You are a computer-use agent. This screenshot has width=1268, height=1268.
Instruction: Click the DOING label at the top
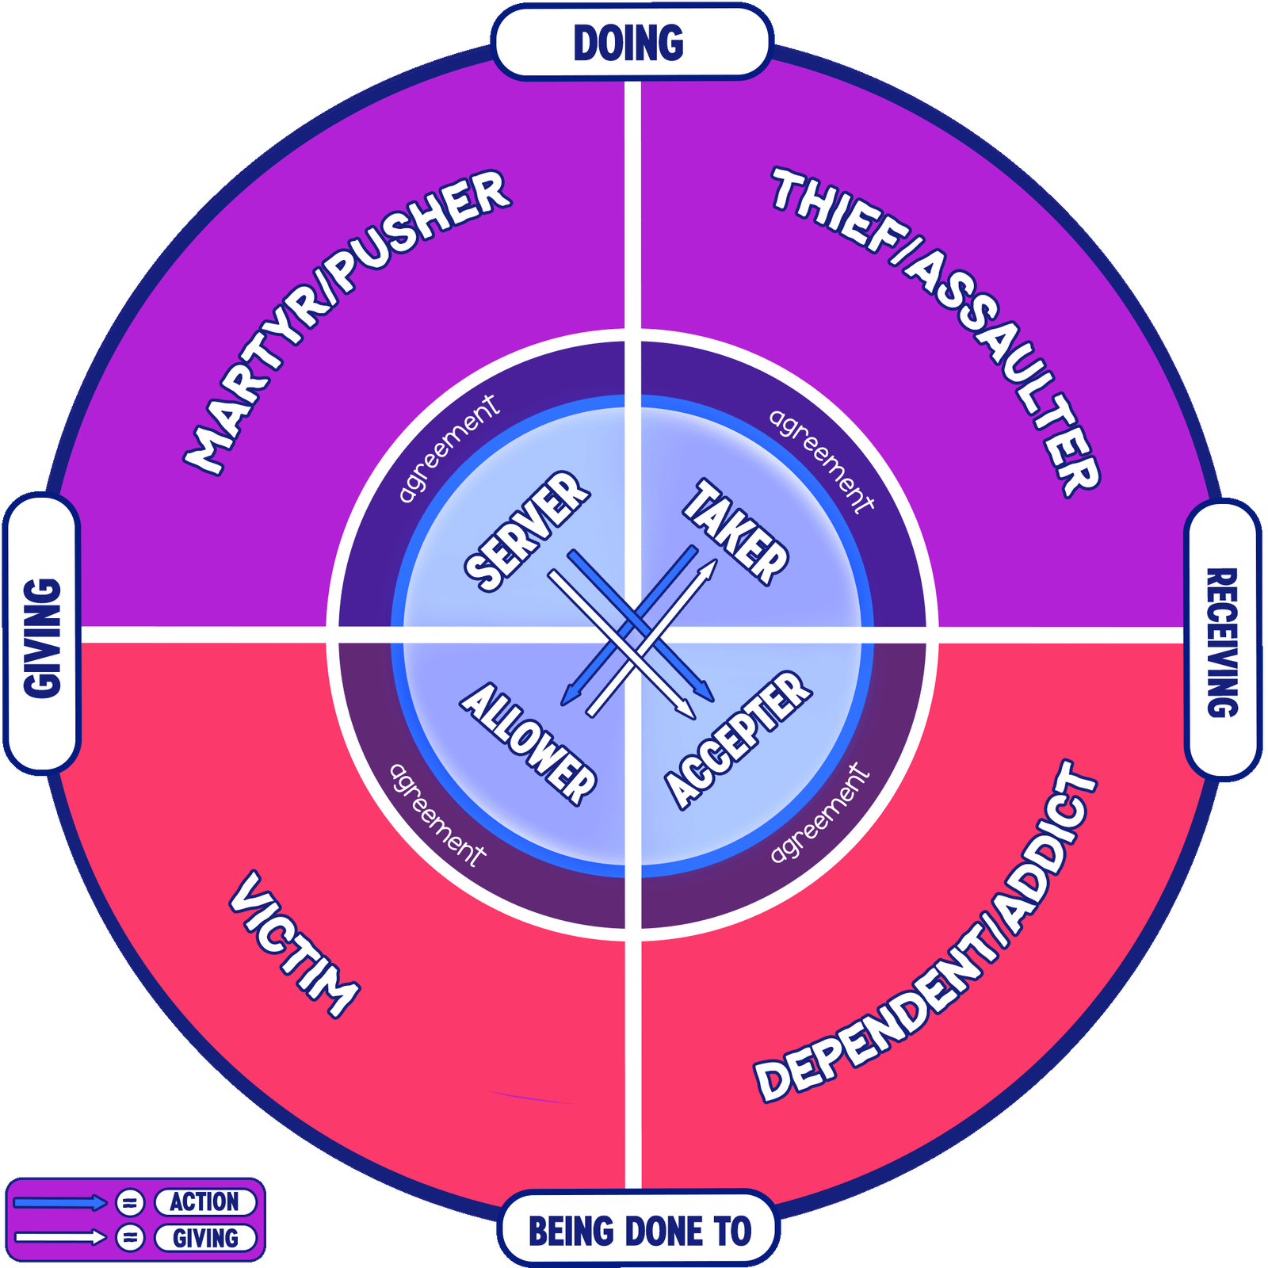tap(628, 43)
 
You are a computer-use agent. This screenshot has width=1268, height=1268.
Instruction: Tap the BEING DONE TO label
tap(640, 1231)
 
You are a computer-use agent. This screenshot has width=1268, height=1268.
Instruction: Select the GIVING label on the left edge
tap(42, 638)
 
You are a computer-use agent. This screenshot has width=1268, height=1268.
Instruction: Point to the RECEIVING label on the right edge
tap(1222, 642)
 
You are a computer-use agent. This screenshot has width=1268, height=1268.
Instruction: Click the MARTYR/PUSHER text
tap(347, 321)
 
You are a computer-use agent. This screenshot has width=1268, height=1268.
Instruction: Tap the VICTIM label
tap(293, 943)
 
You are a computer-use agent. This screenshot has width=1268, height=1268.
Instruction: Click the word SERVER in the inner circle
tap(526, 531)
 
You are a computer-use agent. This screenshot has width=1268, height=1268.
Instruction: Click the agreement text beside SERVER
tap(449, 449)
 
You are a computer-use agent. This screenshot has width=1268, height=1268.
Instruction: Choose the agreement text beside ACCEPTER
tap(820, 812)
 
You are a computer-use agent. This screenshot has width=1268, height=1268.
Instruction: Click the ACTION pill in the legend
tap(204, 1202)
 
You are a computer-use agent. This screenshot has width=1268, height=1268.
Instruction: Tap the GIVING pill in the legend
tap(205, 1238)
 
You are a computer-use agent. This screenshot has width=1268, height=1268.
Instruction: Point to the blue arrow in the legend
tap(60, 1203)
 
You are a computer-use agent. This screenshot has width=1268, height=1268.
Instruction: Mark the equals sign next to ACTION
tap(130, 1203)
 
